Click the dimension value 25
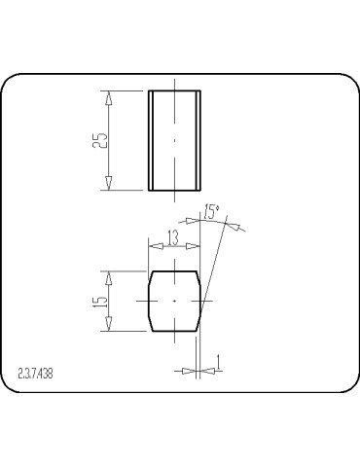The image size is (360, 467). pyautogui.click(x=99, y=141)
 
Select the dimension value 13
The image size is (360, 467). pyautogui.click(x=172, y=235)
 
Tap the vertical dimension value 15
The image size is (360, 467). pyautogui.click(x=99, y=301)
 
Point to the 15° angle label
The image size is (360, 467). pyautogui.click(x=211, y=212)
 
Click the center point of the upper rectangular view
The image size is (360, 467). pyautogui.click(x=174, y=141)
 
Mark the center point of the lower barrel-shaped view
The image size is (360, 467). pyautogui.click(x=174, y=302)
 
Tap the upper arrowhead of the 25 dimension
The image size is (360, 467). pyautogui.click(x=110, y=98)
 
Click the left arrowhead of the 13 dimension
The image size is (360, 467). pyautogui.click(x=152, y=245)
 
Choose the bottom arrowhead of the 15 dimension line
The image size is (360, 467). pyautogui.click(x=110, y=326)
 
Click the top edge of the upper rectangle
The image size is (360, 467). pyautogui.click(x=174, y=91)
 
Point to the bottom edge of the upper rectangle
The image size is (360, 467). pyautogui.click(x=174, y=191)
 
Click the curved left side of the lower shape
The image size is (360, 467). pyautogui.click(x=148, y=302)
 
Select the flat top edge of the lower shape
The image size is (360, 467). pyautogui.click(x=174, y=271)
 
